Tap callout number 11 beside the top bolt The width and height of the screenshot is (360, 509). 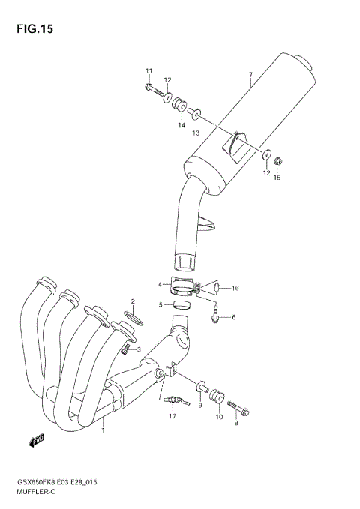pyautogui.click(x=148, y=71)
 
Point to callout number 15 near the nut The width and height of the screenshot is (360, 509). pyautogui.click(x=277, y=178)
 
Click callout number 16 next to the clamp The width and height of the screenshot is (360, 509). pyautogui.click(x=235, y=288)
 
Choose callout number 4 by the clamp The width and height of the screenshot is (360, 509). pyautogui.click(x=160, y=284)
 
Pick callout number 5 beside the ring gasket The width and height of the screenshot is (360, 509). pyautogui.click(x=160, y=304)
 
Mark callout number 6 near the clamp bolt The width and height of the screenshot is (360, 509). pyautogui.click(x=232, y=317)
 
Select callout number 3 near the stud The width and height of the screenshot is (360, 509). pyautogui.click(x=138, y=349)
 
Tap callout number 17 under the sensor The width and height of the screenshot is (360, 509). pyautogui.click(x=171, y=416)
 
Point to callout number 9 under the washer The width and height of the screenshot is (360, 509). pyautogui.click(x=200, y=406)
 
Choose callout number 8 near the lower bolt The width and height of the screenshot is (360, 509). pyautogui.click(x=235, y=424)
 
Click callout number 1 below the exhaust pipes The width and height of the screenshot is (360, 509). pyautogui.click(x=103, y=430)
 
